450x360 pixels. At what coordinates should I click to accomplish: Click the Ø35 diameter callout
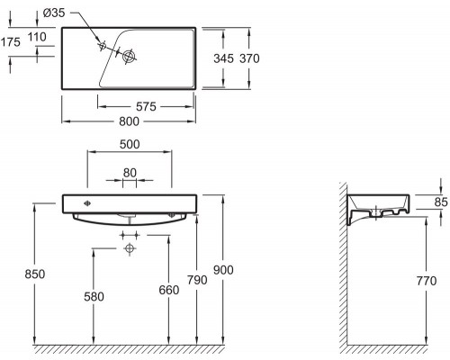[54, 13]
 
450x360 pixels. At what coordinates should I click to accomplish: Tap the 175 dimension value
[11, 42]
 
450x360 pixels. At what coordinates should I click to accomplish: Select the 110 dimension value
[37, 37]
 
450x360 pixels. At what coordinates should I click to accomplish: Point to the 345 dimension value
[223, 58]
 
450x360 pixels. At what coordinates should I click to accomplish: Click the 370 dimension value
[249, 58]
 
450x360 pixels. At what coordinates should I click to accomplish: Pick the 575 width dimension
[146, 106]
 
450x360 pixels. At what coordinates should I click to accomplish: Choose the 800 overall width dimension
[129, 121]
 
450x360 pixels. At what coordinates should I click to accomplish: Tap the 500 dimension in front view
[130, 144]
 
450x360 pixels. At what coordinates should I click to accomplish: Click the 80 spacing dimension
[130, 173]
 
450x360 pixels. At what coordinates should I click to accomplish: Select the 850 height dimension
[35, 274]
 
